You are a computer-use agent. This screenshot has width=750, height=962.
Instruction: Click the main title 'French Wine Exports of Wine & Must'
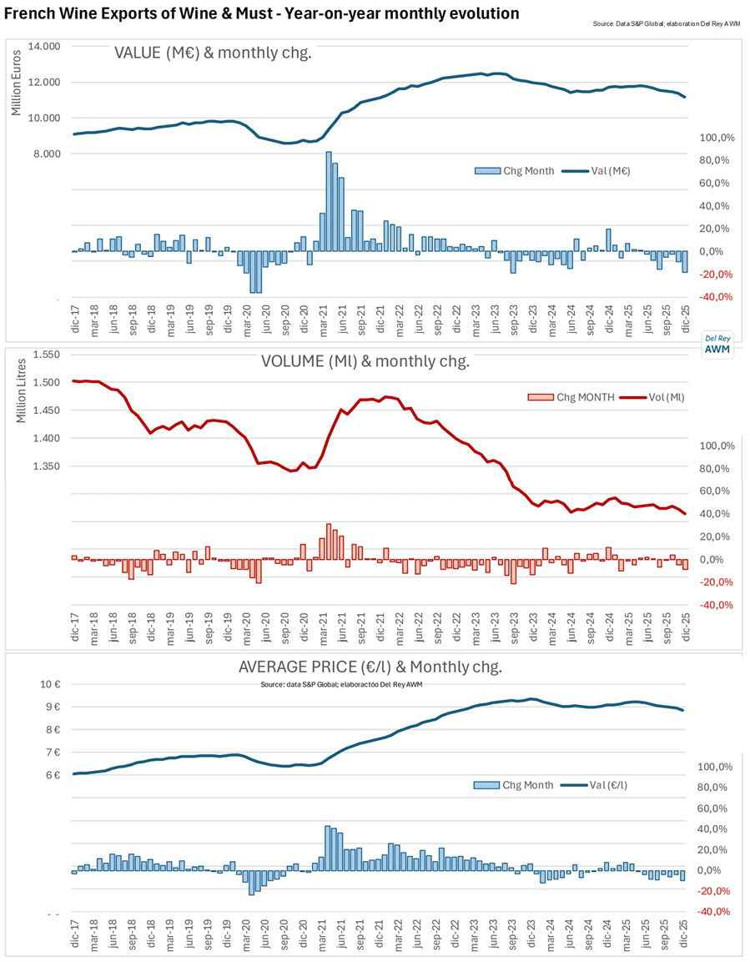(x=261, y=14)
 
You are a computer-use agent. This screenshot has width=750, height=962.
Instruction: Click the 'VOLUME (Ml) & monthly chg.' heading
(x=365, y=363)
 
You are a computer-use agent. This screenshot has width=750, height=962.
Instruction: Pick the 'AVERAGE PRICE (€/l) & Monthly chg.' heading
(x=370, y=667)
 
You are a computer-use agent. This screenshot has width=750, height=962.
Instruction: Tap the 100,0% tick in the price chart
(x=715, y=767)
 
